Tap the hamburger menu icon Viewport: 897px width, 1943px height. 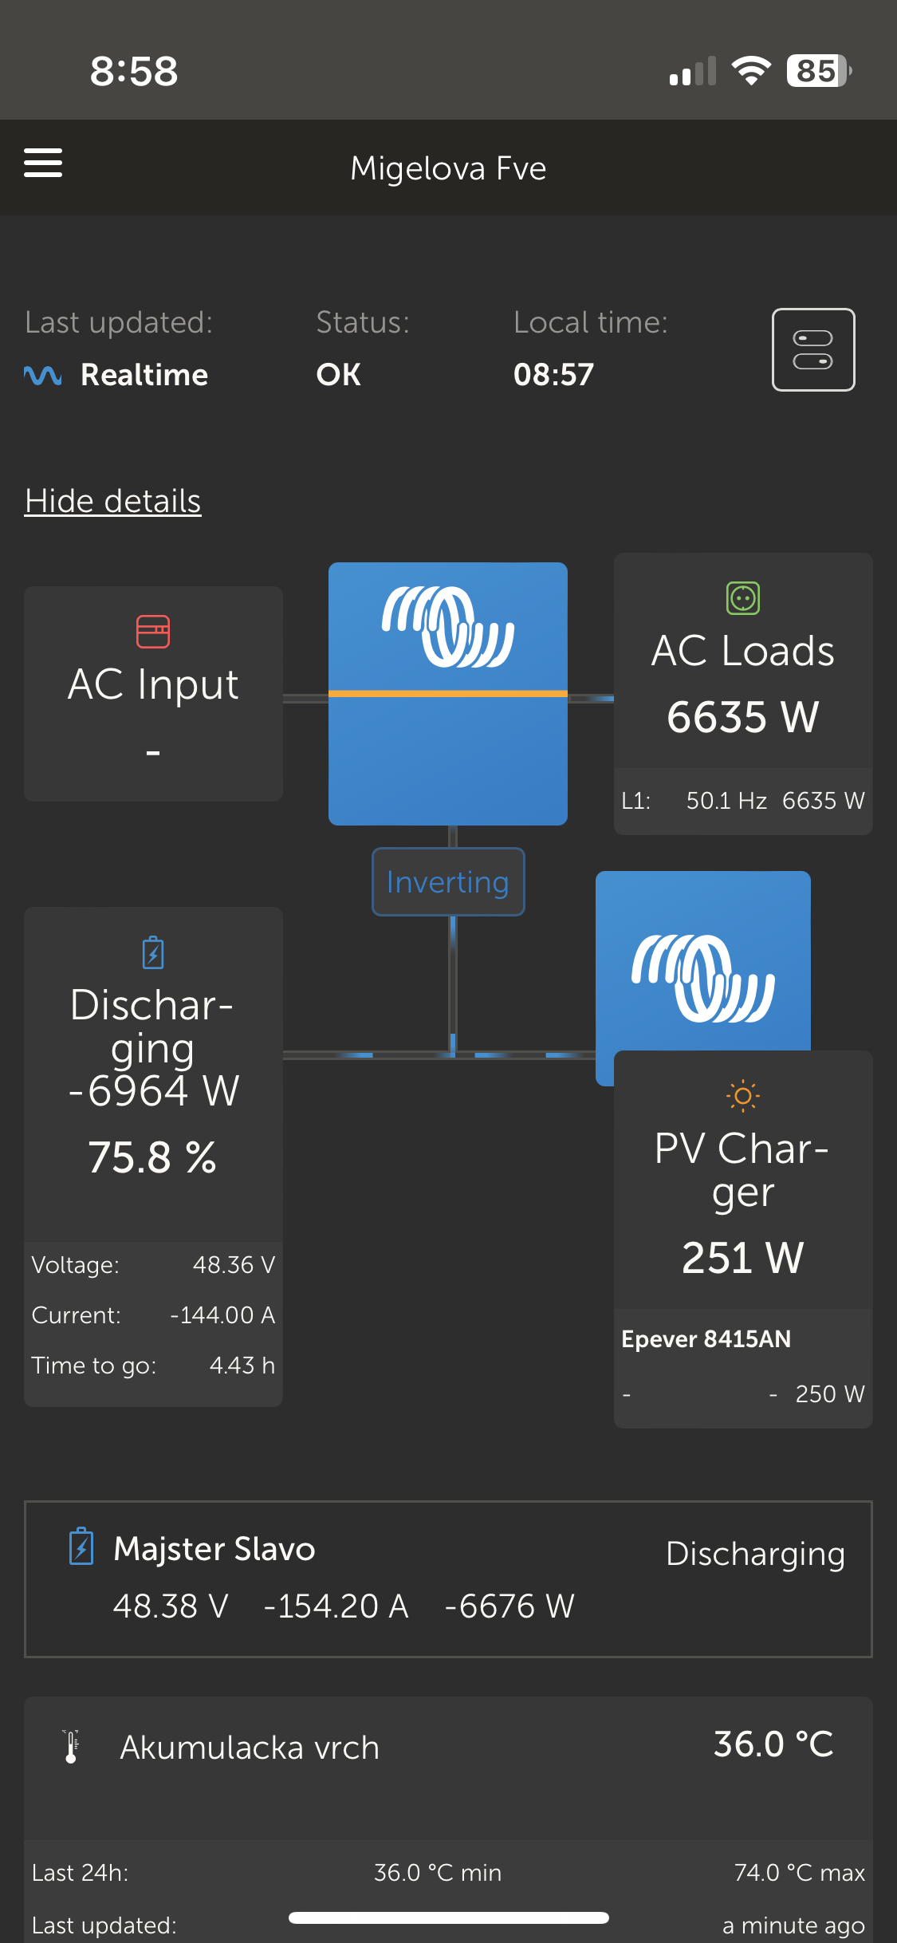[43, 163]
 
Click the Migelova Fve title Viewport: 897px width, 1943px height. [448, 168]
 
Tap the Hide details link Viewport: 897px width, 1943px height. [112, 501]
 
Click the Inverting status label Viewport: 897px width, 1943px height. [448, 882]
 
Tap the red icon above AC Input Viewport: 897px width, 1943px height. [153, 632]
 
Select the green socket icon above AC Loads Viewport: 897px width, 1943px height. [742, 598]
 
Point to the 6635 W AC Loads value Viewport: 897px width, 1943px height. [742, 716]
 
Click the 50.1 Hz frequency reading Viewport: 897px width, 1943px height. [726, 801]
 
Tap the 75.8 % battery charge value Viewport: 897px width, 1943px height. [152, 1157]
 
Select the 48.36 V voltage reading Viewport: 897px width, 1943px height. [234, 1265]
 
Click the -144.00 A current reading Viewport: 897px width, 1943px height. [222, 1315]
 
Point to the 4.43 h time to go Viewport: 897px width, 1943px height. [242, 1366]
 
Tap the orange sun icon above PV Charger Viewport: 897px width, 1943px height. [742, 1096]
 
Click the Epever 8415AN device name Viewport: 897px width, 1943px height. [706, 1339]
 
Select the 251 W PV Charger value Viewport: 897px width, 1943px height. [742, 1258]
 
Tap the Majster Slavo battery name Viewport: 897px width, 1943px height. [214, 1549]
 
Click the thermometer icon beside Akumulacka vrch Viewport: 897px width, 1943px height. [72, 1747]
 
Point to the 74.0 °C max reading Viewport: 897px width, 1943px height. [799, 1872]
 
